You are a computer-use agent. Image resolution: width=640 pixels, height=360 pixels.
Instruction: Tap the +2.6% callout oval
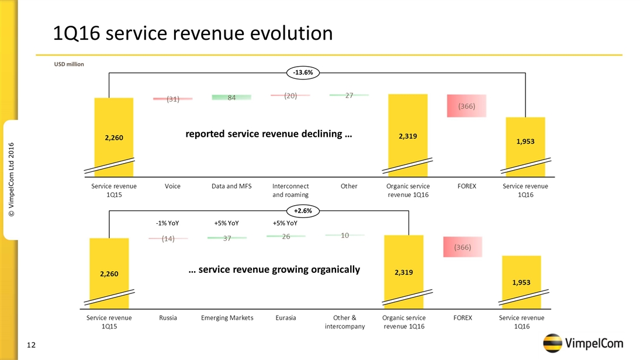click(x=303, y=210)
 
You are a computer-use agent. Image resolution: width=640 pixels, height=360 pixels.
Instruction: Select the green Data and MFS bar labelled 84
click(x=231, y=98)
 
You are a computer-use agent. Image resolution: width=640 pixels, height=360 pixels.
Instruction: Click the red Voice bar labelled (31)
click(x=172, y=99)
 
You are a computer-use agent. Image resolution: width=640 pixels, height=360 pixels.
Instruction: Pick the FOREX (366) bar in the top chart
click(x=466, y=106)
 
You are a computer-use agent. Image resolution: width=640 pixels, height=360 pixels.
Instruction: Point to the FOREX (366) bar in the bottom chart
click(x=462, y=247)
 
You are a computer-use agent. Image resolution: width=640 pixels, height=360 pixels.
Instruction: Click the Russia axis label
click(x=168, y=318)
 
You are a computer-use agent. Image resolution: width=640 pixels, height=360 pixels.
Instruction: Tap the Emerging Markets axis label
click(x=227, y=318)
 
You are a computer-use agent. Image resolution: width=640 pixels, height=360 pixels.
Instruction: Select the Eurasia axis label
click(x=285, y=318)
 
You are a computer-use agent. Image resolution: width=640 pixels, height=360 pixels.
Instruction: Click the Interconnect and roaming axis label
click(x=290, y=190)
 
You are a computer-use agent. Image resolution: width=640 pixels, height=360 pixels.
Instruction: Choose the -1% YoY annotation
click(x=167, y=223)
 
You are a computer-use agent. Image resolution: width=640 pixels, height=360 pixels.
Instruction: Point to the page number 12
click(x=31, y=345)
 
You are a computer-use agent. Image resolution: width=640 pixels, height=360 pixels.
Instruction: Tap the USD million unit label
click(x=68, y=64)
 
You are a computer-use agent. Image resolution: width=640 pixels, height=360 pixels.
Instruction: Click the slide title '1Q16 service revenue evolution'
click(x=193, y=33)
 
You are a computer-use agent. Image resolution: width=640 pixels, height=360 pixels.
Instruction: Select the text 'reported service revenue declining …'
click(x=269, y=134)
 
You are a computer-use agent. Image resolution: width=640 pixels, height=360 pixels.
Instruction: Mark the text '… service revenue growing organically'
click(x=274, y=269)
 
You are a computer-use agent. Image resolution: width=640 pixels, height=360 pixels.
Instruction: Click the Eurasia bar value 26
click(x=286, y=236)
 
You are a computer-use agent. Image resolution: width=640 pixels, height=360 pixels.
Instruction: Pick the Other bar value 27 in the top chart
click(x=349, y=95)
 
